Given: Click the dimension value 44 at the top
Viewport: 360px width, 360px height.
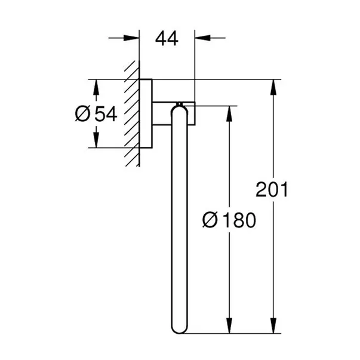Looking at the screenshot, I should (x=167, y=39).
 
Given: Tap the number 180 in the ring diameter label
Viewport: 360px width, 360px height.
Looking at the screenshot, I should (x=237, y=220).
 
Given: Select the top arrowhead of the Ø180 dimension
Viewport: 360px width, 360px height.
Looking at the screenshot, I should (x=227, y=113).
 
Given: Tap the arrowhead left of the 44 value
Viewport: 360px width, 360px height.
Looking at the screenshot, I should (x=133, y=39).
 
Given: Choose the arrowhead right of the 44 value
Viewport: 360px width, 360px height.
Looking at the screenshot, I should (x=201, y=39).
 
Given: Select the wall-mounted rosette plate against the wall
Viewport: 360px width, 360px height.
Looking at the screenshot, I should (x=146, y=113).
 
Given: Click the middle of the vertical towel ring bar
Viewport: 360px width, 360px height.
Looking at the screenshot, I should (x=178, y=221).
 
